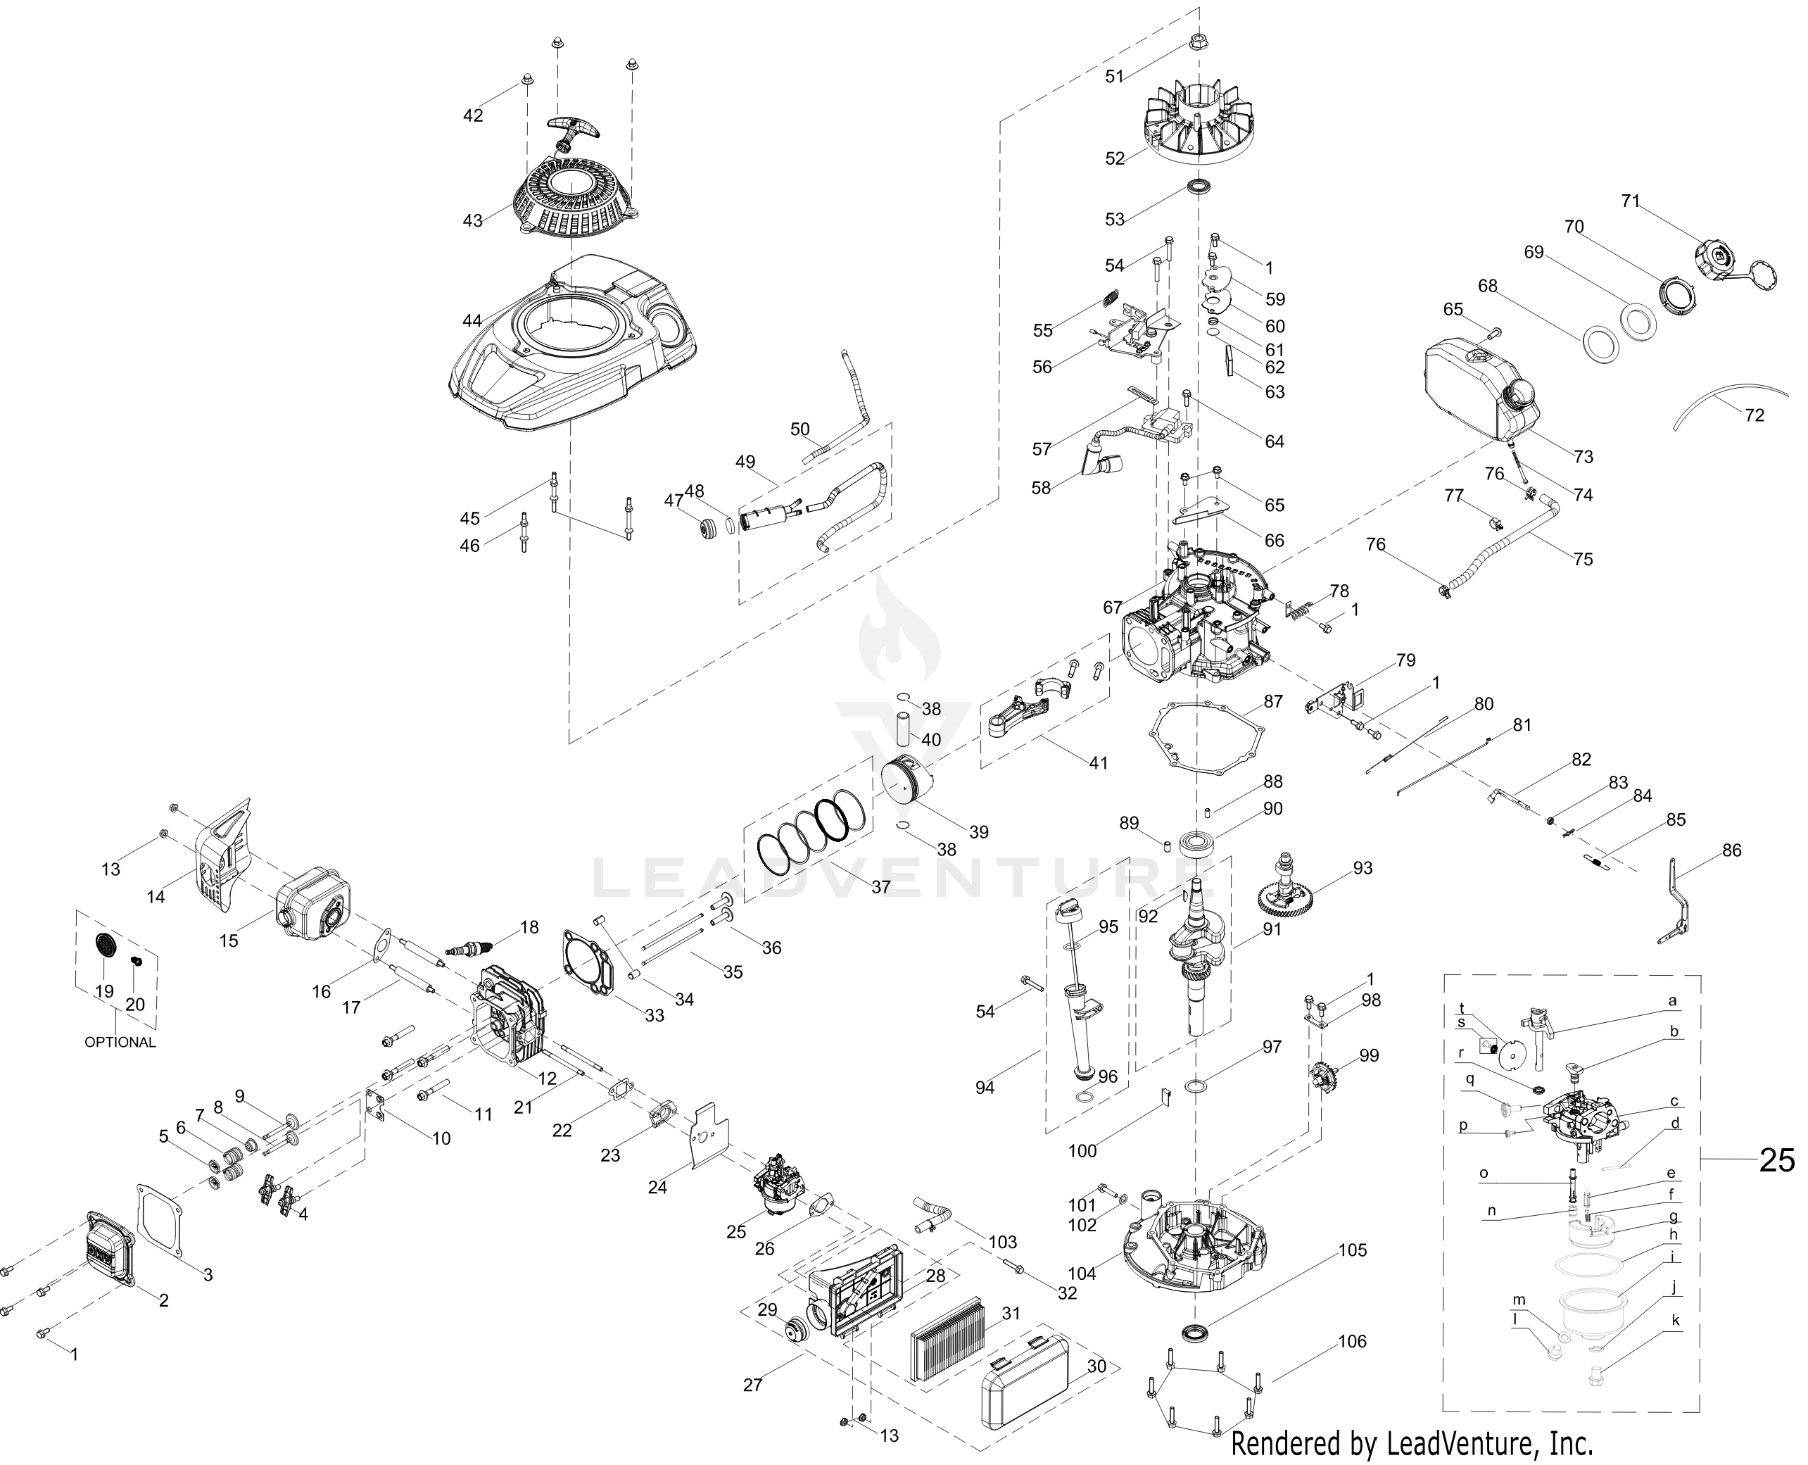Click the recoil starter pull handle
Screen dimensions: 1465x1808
click(x=572, y=132)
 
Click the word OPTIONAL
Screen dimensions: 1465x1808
click(x=120, y=1042)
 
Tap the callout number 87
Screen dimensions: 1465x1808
click(x=1273, y=701)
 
